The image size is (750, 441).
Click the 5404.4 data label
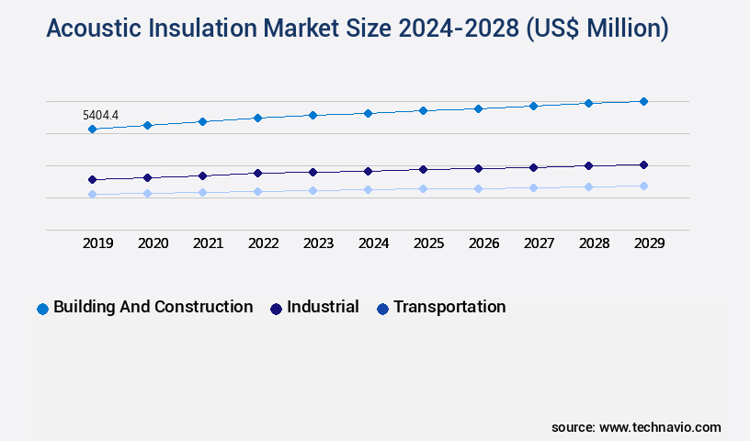pyautogui.click(x=100, y=116)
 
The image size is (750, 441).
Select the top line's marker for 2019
pyautogui.click(x=92, y=130)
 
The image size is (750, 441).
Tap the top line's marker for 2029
pyautogui.click(x=643, y=101)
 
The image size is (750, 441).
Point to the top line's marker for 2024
pyautogui.click(x=368, y=113)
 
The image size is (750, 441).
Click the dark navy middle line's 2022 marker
pyautogui.click(x=257, y=173)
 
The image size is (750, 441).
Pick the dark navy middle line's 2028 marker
pyautogui.click(x=588, y=165)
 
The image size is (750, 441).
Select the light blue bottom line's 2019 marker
pyautogui.click(x=92, y=194)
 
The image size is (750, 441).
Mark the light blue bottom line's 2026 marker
pyautogui.click(x=478, y=188)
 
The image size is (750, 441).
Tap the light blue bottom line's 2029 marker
pyautogui.click(x=643, y=186)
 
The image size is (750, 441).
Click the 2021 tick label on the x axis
pyautogui.click(x=208, y=243)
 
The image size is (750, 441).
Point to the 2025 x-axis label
pyautogui.click(x=428, y=243)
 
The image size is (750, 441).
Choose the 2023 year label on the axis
pyautogui.click(x=318, y=243)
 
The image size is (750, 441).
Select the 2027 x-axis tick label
pyautogui.click(x=539, y=243)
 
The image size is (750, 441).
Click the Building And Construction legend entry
pyautogui.click(x=153, y=307)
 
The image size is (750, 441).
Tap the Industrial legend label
pyautogui.click(x=323, y=307)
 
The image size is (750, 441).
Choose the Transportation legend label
pyautogui.click(x=449, y=307)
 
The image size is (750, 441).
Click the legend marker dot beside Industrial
pyautogui.click(x=276, y=309)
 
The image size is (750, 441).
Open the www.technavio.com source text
pyautogui.click(x=660, y=427)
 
